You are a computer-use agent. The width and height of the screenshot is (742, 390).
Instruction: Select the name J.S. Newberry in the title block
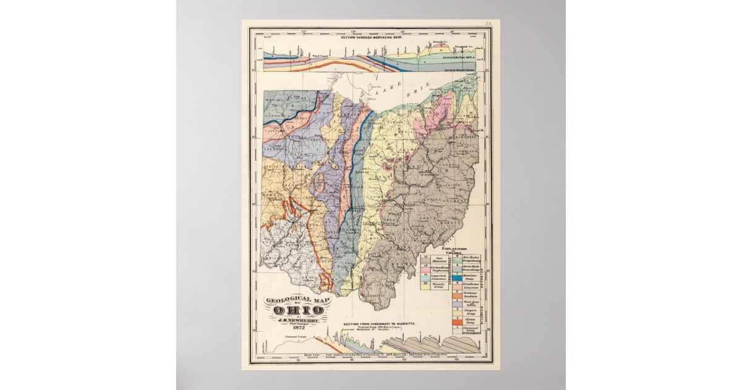click(297, 320)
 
